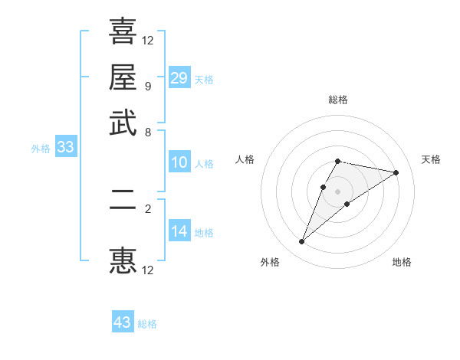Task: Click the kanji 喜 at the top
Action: pos(123,31)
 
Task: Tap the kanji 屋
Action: pos(123,77)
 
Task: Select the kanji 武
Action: pos(123,123)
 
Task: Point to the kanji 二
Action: pos(123,208)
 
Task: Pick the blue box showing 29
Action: pos(179,78)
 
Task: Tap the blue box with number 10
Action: pos(179,162)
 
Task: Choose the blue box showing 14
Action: pos(179,231)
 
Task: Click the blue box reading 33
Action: pos(65,148)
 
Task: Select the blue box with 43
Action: pos(123,322)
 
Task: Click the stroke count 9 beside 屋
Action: pos(147,86)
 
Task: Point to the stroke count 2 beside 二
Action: pos(147,208)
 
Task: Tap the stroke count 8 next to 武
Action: pos(147,132)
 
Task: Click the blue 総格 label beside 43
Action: pos(147,324)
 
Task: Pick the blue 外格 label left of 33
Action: pos(41,149)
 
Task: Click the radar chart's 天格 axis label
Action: pos(431,159)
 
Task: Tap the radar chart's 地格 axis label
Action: pos(402,263)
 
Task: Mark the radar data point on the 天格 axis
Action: pos(396,172)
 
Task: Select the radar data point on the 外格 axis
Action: pos(301,242)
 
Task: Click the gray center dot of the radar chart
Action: pos(338,191)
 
